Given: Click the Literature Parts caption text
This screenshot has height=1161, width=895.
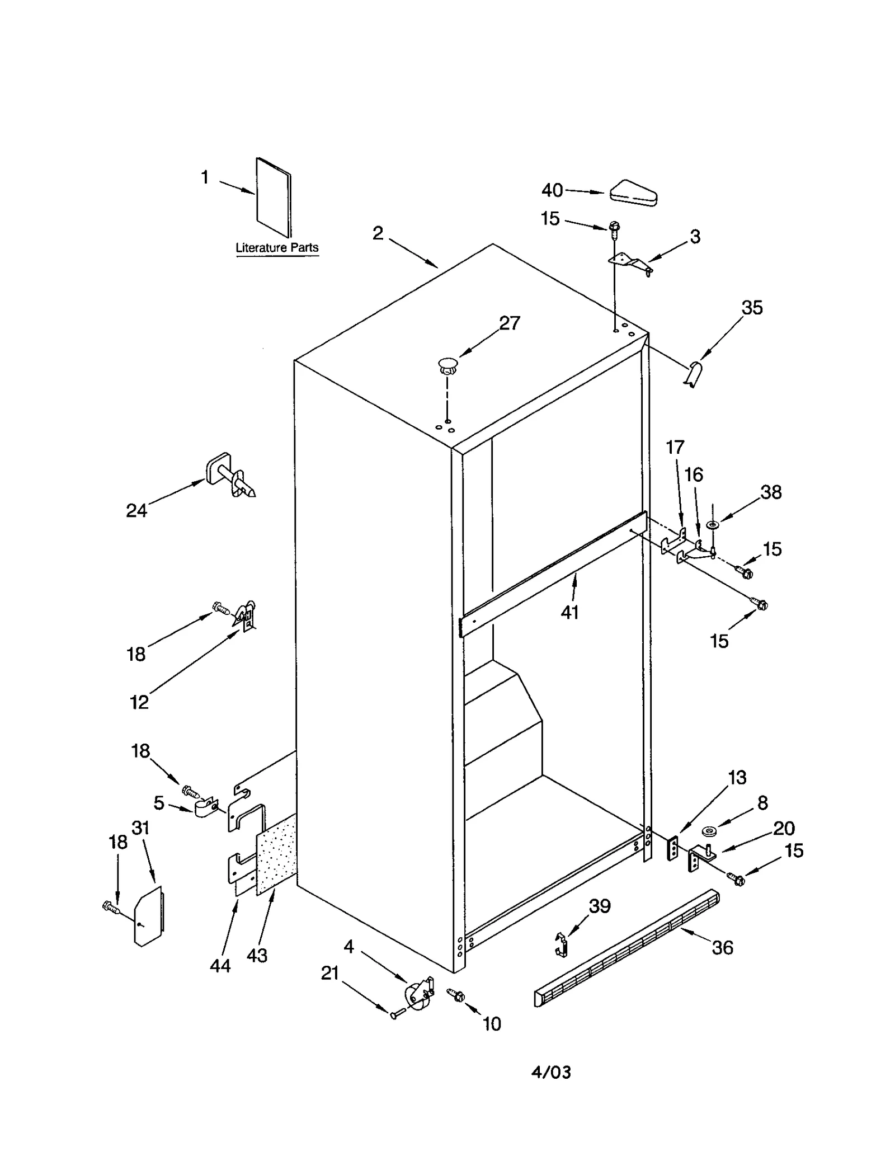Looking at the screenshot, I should pos(277,247).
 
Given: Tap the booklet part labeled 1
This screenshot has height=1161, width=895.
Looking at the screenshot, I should pos(274,197).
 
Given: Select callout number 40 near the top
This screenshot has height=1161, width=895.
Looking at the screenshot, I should pos(552,190).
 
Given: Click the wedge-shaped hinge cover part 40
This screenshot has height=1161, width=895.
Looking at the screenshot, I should pos(633,192).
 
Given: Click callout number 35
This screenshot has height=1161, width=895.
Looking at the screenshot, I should pos(752,307).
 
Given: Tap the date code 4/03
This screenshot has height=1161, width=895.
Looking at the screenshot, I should pos(551,1072).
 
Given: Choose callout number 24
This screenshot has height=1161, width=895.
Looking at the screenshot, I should pos(136,510).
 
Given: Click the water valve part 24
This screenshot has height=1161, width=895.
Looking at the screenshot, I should pos(230,476).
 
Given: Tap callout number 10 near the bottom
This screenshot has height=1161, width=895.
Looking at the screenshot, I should pos(491,1024).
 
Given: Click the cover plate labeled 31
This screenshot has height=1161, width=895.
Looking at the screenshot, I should pos(148,917).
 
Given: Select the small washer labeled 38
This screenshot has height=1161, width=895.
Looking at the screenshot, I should pos(713,525).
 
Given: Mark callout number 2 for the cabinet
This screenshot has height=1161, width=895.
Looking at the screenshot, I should pos(378,233).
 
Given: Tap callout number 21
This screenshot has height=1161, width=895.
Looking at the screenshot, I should pos(330,973).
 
